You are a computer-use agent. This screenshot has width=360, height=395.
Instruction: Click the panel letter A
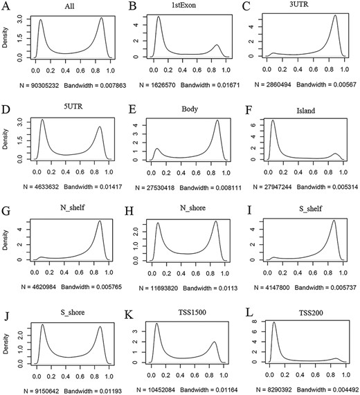click(x=6, y=6)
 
